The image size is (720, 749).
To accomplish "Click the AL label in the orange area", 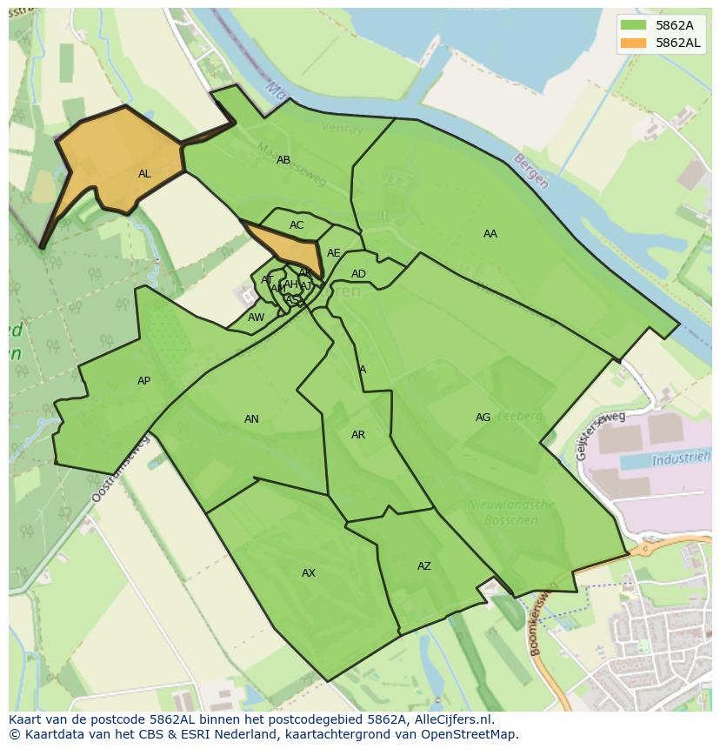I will click(x=144, y=174).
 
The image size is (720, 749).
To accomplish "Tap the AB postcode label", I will click(x=283, y=160).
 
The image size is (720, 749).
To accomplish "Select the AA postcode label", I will click(x=490, y=234).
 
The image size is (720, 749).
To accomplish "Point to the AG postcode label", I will click(x=483, y=418).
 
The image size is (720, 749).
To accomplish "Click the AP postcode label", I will click(x=144, y=381).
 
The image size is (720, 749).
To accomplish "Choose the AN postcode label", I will click(x=251, y=419).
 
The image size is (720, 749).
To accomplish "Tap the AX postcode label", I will click(x=309, y=573).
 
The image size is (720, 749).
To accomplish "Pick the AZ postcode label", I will click(x=424, y=566).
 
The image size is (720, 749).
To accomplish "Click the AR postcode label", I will click(x=358, y=435).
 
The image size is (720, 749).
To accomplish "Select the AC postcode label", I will click(x=297, y=225).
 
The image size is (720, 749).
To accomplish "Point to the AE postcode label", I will click(x=334, y=253).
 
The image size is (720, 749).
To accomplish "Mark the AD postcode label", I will click(x=358, y=274).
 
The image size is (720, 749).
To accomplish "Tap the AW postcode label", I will click(x=256, y=318).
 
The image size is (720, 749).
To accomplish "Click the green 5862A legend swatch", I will click(x=635, y=24).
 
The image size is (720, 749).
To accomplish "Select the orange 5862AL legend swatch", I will click(x=635, y=43).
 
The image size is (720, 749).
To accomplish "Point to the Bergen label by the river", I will click(x=530, y=171).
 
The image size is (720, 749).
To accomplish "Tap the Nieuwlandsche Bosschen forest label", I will click(x=510, y=512).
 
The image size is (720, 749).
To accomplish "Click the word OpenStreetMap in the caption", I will click(x=475, y=734).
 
